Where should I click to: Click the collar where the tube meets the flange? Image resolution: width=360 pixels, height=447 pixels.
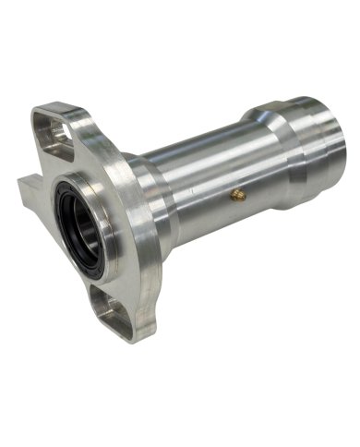[x=152, y=199]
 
